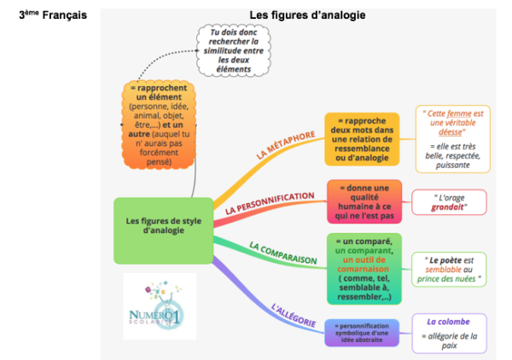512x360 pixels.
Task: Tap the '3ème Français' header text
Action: point(53,15)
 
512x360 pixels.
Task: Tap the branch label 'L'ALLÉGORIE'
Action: point(294,311)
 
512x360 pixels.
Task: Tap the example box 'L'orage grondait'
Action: point(449,202)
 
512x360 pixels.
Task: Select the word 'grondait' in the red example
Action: point(450,207)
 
